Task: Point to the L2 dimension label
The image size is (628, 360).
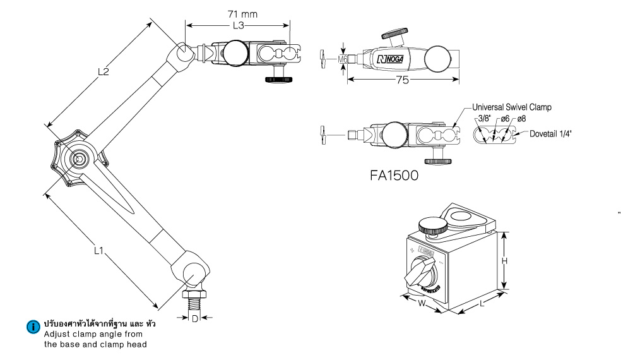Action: point(105,72)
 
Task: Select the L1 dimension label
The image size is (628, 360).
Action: point(98,251)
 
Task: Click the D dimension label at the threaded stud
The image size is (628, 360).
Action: point(195,318)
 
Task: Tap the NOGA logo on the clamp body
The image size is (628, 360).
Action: point(393,59)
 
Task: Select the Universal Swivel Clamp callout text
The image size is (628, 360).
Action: point(512,107)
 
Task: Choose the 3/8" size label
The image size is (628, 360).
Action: point(485,119)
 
